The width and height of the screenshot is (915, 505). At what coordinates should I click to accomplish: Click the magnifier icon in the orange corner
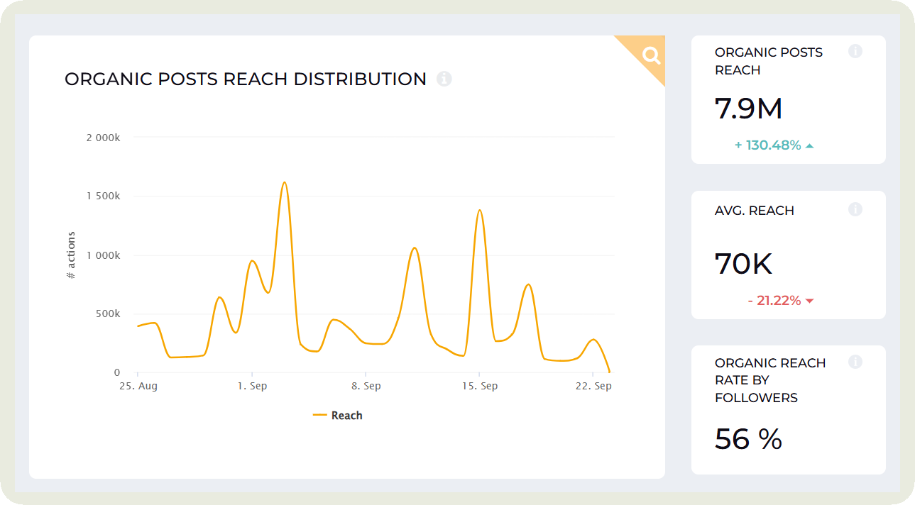(x=651, y=55)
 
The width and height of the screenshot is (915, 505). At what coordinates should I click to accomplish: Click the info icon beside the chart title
(x=444, y=79)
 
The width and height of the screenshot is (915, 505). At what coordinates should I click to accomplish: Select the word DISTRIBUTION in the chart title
(x=360, y=79)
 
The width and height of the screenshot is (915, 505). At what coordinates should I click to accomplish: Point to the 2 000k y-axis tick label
(x=103, y=138)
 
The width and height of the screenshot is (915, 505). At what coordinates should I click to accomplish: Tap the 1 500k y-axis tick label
(x=103, y=196)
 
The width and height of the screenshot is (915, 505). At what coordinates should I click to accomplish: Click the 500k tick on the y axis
(x=107, y=313)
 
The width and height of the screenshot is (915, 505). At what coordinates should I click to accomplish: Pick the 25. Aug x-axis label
(x=138, y=387)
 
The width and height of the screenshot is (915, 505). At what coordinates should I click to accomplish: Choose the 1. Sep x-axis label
(x=252, y=387)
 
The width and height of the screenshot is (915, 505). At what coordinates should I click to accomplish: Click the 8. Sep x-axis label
(x=366, y=387)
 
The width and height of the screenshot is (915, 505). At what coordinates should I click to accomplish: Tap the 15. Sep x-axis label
(x=480, y=387)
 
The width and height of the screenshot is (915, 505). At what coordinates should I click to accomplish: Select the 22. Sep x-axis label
(x=593, y=387)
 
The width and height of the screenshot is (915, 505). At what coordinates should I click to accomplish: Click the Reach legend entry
(x=338, y=416)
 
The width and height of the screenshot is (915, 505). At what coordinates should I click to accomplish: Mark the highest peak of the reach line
(x=284, y=182)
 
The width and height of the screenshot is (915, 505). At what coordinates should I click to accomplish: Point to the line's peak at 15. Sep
(x=480, y=210)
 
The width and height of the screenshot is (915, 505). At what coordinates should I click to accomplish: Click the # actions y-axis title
(x=71, y=255)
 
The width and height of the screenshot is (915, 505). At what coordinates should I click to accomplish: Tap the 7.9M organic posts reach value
(x=748, y=109)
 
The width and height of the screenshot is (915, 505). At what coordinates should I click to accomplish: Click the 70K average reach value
(x=743, y=264)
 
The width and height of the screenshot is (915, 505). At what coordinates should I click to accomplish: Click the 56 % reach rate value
(x=748, y=439)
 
